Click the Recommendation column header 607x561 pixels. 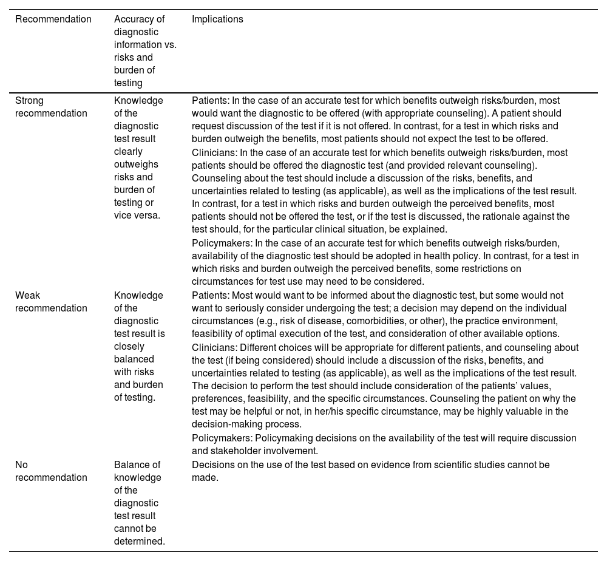(53, 19)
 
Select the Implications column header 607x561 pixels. (217, 19)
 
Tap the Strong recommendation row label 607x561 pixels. (51, 107)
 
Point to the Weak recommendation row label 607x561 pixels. (51, 302)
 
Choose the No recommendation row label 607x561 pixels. (51, 471)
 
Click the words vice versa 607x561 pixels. (137, 216)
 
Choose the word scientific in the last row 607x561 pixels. (441, 465)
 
